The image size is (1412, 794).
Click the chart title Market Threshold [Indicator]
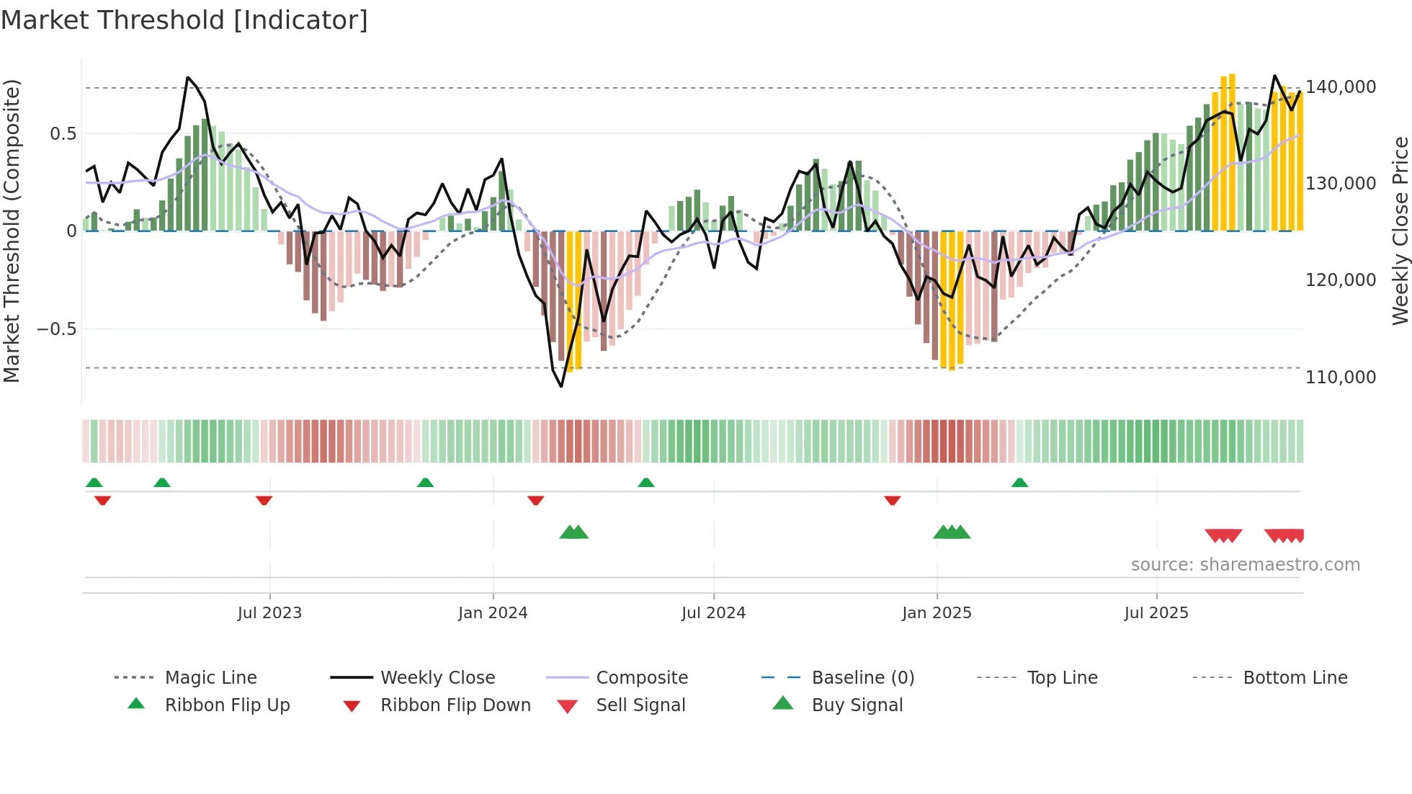coord(184,20)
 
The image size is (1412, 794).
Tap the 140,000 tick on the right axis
coord(1340,87)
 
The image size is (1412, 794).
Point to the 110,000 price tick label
coord(1340,377)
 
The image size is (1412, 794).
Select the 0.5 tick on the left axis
coord(63,134)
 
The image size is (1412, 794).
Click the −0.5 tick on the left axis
coord(56,329)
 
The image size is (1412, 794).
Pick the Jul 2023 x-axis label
coord(269,613)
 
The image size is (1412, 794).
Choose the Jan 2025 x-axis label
coord(937,613)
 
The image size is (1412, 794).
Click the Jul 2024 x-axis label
coord(713,613)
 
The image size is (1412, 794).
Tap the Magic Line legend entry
coord(210,678)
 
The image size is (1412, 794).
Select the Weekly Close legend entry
coord(437,678)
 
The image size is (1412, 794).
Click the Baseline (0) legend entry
coord(862,678)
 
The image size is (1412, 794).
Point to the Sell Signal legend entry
coord(640,705)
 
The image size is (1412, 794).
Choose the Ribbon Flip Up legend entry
coord(227,705)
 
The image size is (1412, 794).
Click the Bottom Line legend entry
coord(1295,678)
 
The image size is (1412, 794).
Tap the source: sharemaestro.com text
coord(1245,565)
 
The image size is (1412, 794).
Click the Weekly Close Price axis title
coord(1400,231)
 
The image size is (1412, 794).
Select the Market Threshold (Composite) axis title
coord(12,231)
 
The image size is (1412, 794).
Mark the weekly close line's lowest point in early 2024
coord(561,387)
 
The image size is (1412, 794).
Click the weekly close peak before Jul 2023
coord(187,77)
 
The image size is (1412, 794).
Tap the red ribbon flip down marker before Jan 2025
coord(893,500)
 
